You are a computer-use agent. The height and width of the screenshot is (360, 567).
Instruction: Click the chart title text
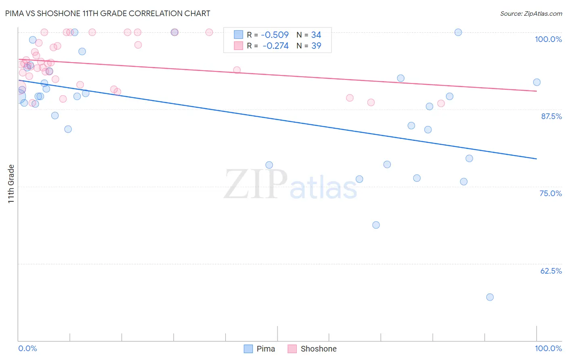108,13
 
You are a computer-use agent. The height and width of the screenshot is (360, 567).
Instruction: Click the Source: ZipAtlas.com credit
531,13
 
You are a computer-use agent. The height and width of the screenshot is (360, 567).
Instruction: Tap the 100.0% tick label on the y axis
548,39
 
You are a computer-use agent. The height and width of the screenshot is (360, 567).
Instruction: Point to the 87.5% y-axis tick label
551,116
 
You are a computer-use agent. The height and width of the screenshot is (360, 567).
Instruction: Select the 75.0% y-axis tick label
550,193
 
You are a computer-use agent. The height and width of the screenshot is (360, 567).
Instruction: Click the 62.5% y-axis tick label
551,271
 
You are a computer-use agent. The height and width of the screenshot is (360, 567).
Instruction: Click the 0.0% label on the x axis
27,348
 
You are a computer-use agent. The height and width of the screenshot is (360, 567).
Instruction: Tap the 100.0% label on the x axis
548,348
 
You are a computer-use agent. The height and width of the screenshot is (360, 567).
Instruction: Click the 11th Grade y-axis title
11,184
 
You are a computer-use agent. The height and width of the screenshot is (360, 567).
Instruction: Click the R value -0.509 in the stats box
275,35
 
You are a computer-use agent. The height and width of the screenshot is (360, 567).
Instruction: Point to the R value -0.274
275,46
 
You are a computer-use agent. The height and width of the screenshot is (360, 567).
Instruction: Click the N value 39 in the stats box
316,46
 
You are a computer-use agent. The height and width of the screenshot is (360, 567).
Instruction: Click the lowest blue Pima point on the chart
490,297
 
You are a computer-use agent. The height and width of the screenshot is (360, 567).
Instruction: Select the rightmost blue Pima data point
537,82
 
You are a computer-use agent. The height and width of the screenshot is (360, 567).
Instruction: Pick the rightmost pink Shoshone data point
441,103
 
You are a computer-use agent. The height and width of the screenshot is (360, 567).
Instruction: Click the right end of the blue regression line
536,159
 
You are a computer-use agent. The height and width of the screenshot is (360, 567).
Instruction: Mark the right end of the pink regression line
536,91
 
